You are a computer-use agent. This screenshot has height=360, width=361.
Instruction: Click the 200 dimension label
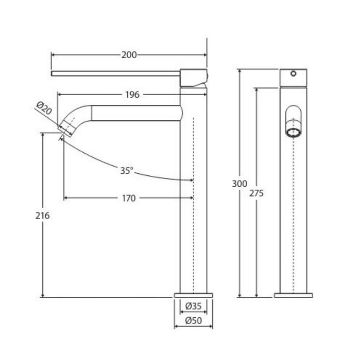coord(129,55)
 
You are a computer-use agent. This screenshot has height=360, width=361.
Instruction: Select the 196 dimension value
coord(132,95)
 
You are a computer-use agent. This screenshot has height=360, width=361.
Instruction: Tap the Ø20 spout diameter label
coord(44,108)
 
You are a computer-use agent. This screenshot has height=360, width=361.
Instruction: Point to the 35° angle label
coord(127,171)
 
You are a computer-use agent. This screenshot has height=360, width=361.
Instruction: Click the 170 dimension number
coord(129,198)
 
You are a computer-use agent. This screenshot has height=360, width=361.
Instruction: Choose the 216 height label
coord(43,215)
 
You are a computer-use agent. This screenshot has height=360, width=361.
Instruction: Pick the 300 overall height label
coord(239,184)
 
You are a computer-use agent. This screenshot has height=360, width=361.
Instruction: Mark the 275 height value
coord(256,193)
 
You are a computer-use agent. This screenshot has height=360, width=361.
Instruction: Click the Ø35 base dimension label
coord(194,306)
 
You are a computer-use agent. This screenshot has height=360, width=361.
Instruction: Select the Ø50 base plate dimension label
coord(194,320)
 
